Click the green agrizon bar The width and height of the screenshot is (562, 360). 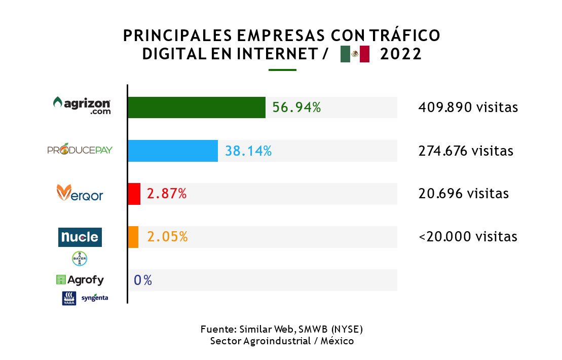(197, 107)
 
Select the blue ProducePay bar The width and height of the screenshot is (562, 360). (173, 151)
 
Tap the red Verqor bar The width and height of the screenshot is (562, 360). (134, 194)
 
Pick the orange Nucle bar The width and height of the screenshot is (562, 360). (133, 237)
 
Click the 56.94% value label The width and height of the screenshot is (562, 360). (296, 107)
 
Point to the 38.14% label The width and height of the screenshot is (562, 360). (248, 151)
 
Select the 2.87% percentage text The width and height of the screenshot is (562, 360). (167, 194)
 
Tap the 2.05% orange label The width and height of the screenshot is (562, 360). (167, 237)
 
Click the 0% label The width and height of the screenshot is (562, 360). (143, 280)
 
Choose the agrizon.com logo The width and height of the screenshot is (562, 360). (82, 105)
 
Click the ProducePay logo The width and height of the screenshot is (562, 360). (80, 150)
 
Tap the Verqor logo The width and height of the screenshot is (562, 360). (80, 193)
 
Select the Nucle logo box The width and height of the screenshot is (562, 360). (80, 237)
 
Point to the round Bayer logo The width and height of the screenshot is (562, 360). (80, 259)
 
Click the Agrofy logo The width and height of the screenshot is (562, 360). (80, 279)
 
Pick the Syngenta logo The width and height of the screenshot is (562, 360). (94, 298)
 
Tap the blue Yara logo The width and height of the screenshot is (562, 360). (69, 298)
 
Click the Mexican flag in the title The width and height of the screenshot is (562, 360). (355, 54)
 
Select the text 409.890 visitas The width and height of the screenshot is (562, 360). (468, 107)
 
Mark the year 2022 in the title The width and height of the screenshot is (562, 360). (400, 54)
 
